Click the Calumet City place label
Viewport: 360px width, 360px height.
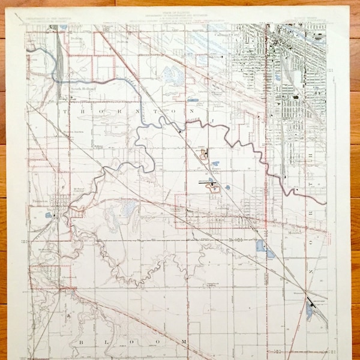click(227, 35)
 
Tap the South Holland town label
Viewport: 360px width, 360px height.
click(83, 89)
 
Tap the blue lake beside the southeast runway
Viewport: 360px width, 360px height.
click(308, 310)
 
